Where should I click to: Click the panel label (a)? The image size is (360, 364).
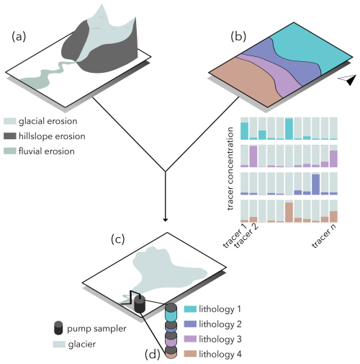point(19,37)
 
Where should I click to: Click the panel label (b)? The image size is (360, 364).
point(238,37)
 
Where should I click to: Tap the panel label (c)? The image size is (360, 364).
point(117,239)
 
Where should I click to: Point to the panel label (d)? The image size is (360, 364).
point(153,355)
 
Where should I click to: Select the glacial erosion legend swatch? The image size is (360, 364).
point(10,121)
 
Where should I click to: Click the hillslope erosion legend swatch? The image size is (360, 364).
point(10,136)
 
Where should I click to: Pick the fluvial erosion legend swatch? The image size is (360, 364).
point(10,151)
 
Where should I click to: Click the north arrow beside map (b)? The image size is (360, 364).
point(348,79)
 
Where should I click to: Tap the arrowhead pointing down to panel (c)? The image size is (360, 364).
point(165,219)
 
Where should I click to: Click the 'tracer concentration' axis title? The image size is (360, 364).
point(230,169)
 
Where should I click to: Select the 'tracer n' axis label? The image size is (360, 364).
point(324,236)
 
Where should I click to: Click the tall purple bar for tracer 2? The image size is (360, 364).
point(253,156)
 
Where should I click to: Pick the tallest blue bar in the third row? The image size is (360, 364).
point(316,185)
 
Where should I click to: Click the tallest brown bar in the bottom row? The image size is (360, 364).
point(289,213)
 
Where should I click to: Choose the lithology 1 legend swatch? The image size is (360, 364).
point(190,308)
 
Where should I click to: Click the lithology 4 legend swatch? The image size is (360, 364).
point(190,354)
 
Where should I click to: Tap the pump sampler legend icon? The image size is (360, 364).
point(58,328)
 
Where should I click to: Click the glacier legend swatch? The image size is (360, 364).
point(59,344)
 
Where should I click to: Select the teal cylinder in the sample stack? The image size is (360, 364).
point(171,316)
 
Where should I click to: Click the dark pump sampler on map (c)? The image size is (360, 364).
point(140,304)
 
